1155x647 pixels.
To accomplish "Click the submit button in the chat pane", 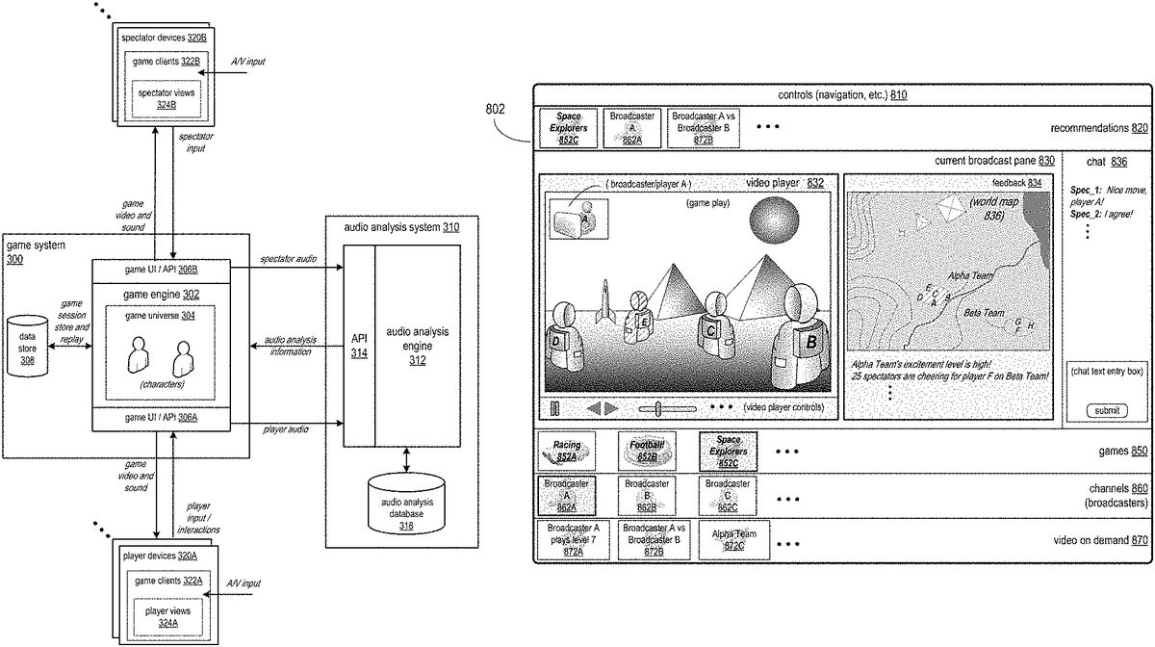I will [x=1107, y=410].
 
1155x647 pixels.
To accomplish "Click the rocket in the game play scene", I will [x=603, y=302].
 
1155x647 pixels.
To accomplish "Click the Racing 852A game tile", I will [x=567, y=450].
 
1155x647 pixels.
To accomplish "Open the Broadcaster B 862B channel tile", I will [x=647, y=494].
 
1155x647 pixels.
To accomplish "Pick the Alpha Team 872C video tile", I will [x=734, y=539].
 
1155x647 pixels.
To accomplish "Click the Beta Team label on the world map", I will [x=985, y=313].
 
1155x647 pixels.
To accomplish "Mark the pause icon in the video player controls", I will [x=554, y=408].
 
